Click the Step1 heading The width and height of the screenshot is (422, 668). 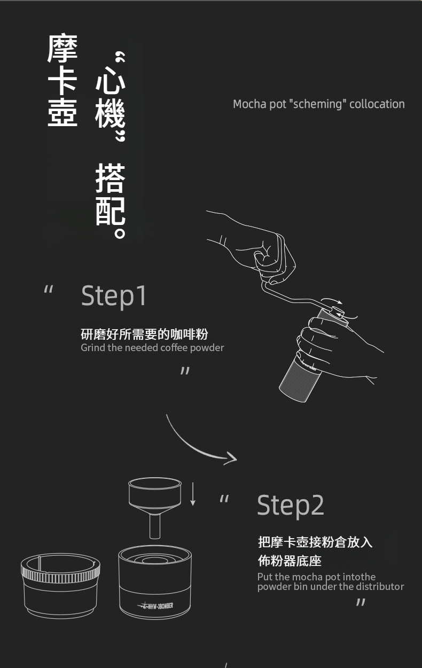coord(114,296)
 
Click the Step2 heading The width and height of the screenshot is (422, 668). coord(291,505)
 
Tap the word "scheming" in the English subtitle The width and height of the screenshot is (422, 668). coord(318,104)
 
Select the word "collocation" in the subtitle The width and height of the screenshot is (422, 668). coord(377,104)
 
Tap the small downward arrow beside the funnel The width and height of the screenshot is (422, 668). coord(193,494)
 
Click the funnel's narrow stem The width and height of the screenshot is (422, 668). coord(155,527)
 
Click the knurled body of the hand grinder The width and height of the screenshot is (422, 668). coord(300,379)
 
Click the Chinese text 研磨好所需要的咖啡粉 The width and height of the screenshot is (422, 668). coord(144,334)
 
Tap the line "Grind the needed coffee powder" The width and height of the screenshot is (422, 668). coord(152,348)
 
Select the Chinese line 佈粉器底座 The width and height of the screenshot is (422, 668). coord(290,561)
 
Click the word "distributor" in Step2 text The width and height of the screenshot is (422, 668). coord(380,587)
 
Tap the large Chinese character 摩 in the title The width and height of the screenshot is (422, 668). coord(62,48)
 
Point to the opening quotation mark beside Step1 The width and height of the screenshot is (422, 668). coord(48,289)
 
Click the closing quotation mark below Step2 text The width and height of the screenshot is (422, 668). coord(361,602)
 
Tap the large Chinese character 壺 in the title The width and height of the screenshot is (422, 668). coord(62,112)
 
